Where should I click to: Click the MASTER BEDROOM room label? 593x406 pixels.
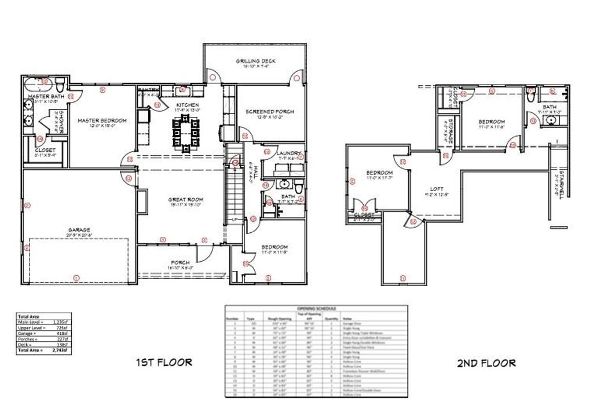tap(102, 120)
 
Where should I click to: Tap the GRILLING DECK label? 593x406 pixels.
tap(255, 61)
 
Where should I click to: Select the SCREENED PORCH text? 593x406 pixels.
tap(269, 111)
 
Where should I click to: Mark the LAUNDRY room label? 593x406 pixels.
tap(279, 152)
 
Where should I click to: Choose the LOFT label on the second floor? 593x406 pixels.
tap(437, 188)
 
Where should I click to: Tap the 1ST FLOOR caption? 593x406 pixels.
tap(163, 363)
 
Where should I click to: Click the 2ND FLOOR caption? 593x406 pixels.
tap(486, 363)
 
